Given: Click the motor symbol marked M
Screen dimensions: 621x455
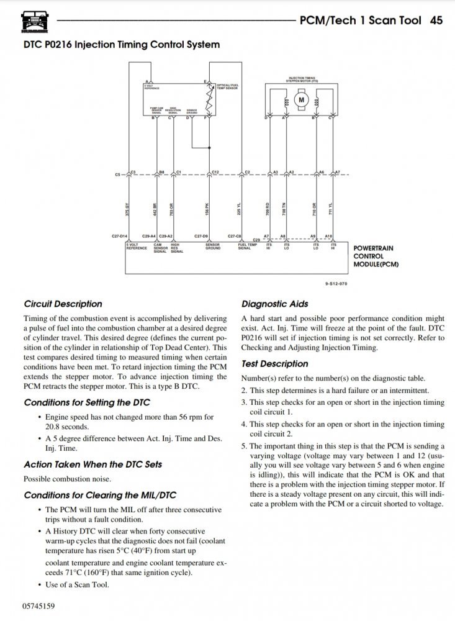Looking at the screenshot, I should pyautogui.click(x=302, y=99).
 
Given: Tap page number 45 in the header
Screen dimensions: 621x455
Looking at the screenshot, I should pyautogui.click(x=436, y=20).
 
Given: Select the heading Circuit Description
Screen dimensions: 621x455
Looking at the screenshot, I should pyautogui.click(x=63, y=304).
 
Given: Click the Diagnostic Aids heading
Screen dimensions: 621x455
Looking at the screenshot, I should pyautogui.click(x=274, y=304).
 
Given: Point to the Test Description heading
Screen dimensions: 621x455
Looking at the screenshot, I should pyautogui.click(x=274, y=363).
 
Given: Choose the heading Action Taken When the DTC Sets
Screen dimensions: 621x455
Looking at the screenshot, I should pyautogui.click(x=92, y=464).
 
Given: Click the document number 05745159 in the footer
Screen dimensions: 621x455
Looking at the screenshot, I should pyautogui.click(x=39, y=605).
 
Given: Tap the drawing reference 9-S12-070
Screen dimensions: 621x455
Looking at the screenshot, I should pyautogui.click(x=336, y=283).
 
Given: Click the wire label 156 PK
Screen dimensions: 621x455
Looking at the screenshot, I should pyautogui.click(x=207, y=209).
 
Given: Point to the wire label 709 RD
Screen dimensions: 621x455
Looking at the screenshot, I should pyautogui.click(x=268, y=209).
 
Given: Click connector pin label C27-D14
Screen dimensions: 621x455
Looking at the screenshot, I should pyautogui.click(x=119, y=237).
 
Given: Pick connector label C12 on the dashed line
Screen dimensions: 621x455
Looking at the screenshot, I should pyautogui.click(x=215, y=171).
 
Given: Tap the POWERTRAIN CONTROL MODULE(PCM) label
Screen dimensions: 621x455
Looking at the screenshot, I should pyautogui.click(x=376, y=256).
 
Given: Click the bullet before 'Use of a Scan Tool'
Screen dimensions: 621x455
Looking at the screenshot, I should pyautogui.click(x=40, y=584).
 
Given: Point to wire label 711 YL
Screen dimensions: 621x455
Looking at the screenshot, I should pyautogui.click(x=331, y=209).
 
